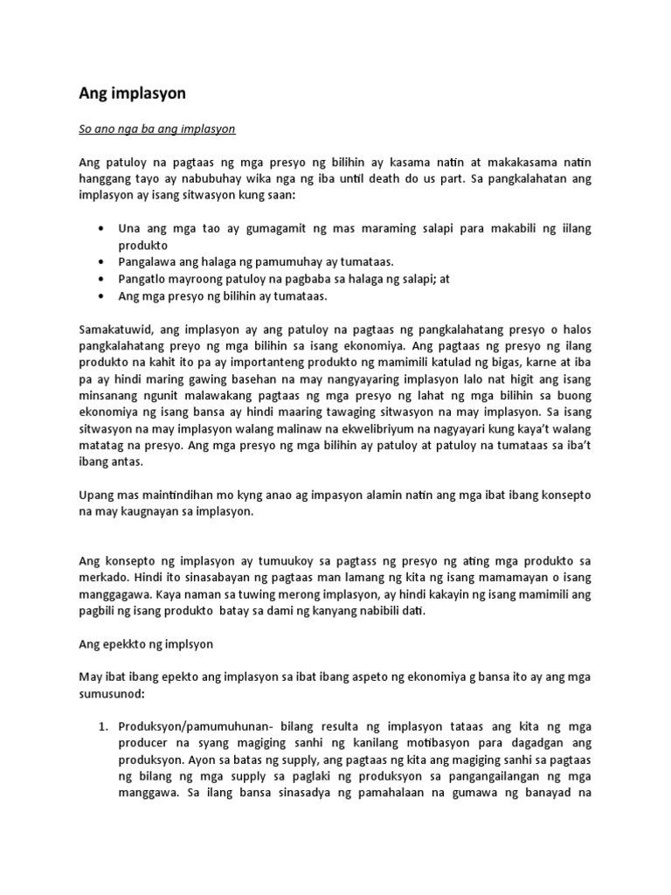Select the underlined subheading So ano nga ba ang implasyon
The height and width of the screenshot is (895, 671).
[x=157, y=128]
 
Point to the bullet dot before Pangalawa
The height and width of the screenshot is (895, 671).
[x=103, y=261]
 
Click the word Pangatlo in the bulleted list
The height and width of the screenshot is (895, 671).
[x=142, y=279]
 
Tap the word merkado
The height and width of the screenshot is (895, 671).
[x=100, y=579]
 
